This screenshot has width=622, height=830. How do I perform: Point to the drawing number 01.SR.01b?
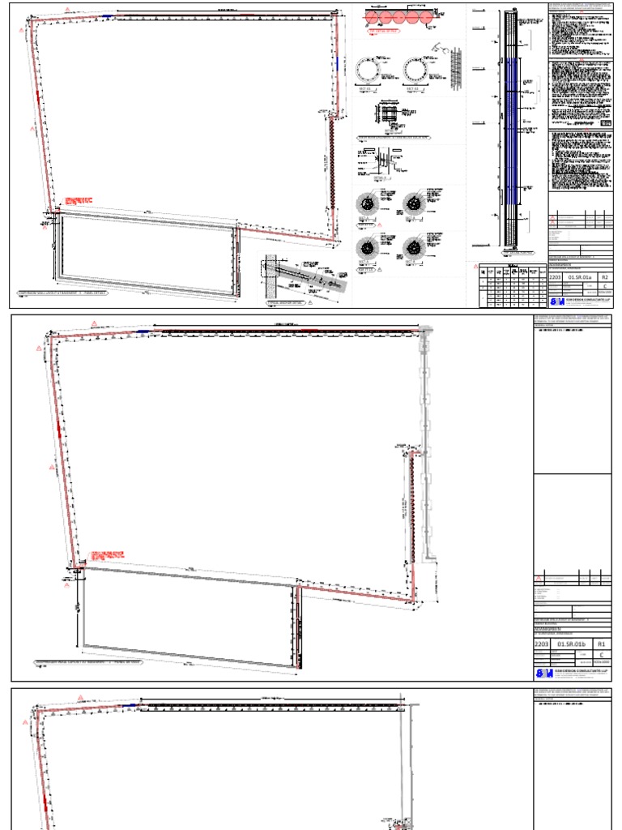click(573, 644)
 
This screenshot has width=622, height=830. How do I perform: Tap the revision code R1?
click(602, 644)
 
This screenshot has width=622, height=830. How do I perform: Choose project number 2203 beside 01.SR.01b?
click(542, 644)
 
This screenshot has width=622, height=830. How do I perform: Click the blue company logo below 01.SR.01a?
click(557, 301)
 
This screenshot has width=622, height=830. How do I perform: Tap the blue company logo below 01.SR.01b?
click(543, 673)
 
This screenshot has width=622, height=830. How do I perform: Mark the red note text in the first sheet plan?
click(82, 200)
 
